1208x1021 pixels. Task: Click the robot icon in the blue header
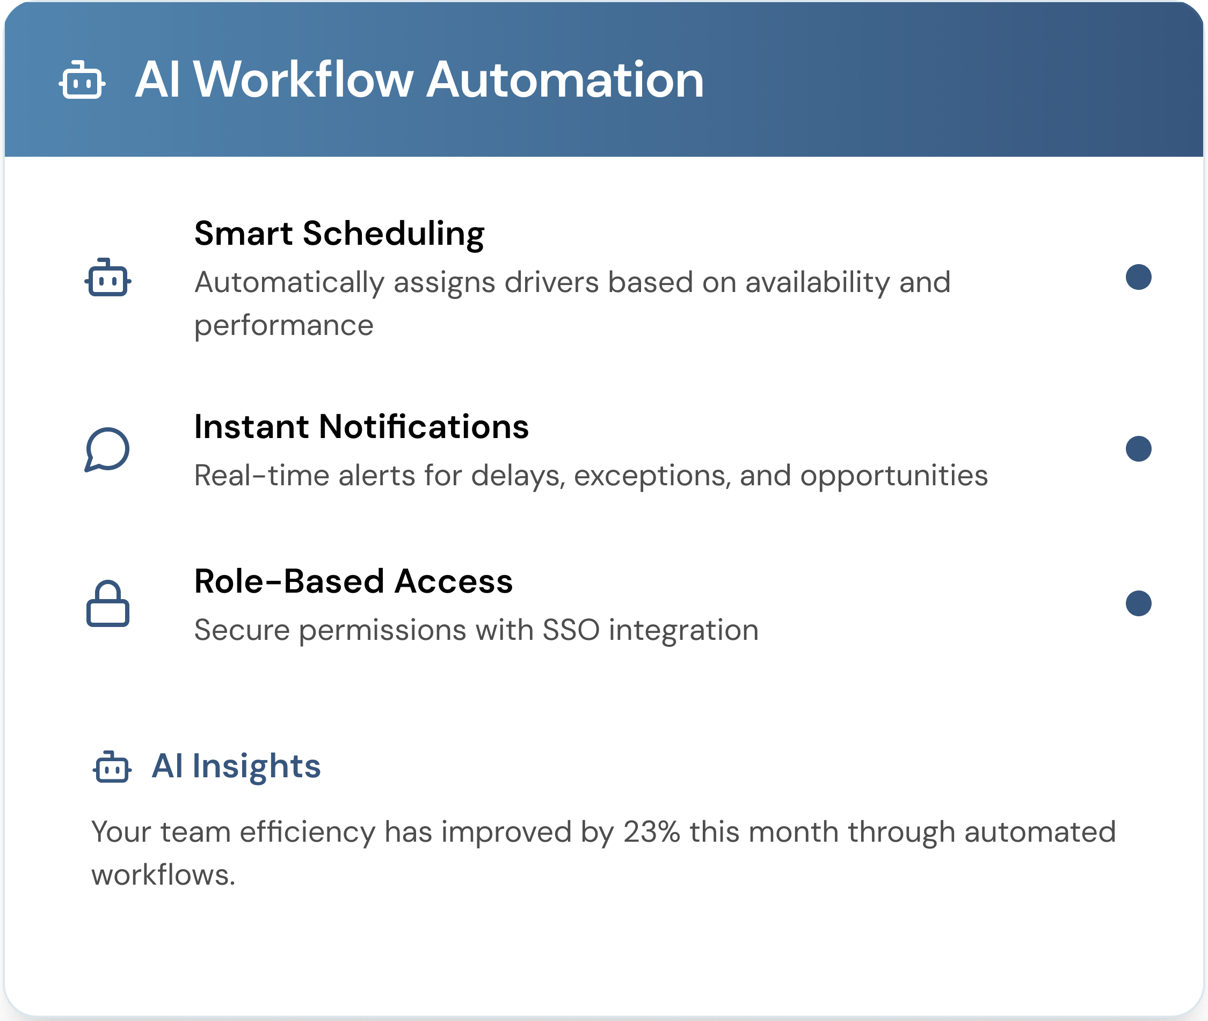(x=82, y=80)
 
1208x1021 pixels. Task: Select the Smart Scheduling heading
(x=339, y=234)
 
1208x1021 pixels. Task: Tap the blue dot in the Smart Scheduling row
(x=1139, y=276)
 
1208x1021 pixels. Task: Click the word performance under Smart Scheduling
(x=283, y=326)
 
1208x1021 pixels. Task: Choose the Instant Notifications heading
(x=361, y=427)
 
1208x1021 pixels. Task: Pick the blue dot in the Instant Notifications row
(x=1139, y=449)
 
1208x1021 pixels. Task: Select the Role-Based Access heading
(x=353, y=581)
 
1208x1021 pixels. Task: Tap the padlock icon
(x=108, y=604)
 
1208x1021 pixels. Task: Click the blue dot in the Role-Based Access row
(x=1139, y=603)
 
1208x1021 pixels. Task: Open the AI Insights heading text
(x=236, y=767)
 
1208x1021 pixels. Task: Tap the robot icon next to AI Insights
(x=112, y=767)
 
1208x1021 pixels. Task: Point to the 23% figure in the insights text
(x=651, y=832)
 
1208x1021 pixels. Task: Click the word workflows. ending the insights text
(x=163, y=875)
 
